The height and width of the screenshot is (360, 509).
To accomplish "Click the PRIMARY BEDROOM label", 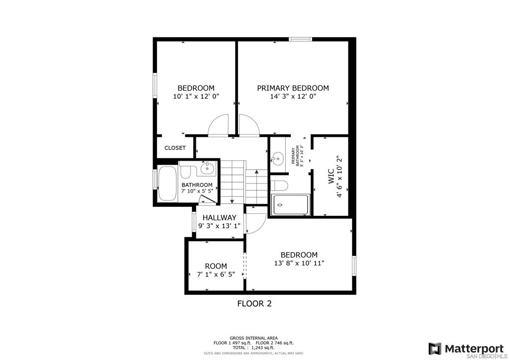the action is [293, 88].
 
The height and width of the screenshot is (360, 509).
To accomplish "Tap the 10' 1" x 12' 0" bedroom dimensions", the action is [196, 96].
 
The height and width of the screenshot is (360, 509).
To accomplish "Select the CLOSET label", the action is [175, 148].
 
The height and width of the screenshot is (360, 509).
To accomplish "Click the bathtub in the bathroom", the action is [168, 183].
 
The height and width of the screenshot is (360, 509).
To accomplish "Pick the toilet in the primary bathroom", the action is [279, 185].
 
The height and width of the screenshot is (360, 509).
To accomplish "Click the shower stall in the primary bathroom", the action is [290, 204].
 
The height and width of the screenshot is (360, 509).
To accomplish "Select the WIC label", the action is [331, 176].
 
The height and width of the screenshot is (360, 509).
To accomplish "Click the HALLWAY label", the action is [219, 217].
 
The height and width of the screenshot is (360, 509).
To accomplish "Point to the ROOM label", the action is [216, 266].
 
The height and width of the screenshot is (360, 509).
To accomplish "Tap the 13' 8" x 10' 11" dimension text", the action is [299, 263].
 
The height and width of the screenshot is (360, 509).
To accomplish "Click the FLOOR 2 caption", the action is [254, 304].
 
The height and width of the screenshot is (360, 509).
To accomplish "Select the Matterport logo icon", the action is [434, 348].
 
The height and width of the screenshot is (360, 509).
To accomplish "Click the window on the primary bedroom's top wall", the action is [301, 40].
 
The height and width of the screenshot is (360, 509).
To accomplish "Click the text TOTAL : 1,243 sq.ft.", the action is [254, 348].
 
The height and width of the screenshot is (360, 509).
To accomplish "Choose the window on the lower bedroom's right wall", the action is [354, 266].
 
